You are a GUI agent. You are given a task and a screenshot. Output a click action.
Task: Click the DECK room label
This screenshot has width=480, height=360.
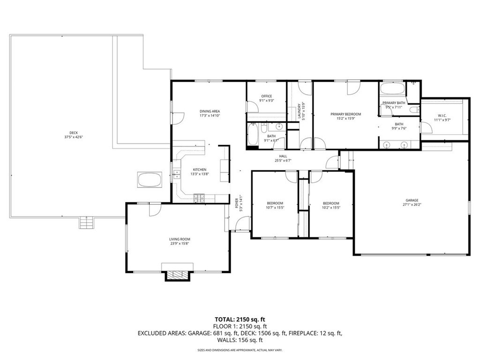pyautogui.click(x=70, y=132)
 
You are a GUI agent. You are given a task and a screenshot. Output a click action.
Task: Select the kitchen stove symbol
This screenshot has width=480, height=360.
pyautogui.click(x=199, y=198)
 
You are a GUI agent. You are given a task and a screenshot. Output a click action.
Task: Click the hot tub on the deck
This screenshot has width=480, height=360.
pyautogui.click(x=149, y=180)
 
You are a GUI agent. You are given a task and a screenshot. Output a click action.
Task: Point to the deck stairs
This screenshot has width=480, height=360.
pyautogui.click(x=87, y=222)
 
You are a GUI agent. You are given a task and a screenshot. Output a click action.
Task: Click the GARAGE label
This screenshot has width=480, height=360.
pyautogui.click(x=412, y=200)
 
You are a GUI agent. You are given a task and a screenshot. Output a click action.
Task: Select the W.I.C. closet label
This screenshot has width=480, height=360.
pyautogui.click(x=443, y=115)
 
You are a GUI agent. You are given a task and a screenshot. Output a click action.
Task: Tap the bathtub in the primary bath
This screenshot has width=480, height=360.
pyautogui.click(x=392, y=89)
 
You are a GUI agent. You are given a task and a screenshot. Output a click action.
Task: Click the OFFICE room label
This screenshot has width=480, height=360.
pyautogui.click(x=266, y=96)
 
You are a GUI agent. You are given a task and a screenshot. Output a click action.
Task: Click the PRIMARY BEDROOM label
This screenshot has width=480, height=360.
pyautogui.click(x=346, y=114)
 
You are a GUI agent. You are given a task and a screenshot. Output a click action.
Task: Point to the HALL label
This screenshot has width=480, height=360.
pyautogui.click(x=283, y=156)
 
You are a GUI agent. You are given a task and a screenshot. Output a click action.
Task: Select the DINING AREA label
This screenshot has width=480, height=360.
pyautogui.click(x=210, y=111)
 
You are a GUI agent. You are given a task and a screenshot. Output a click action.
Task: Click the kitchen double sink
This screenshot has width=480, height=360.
pyautogui.click(x=177, y=175)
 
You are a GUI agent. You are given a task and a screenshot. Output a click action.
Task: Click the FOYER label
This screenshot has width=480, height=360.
pyautogui.click(x=236, y=203)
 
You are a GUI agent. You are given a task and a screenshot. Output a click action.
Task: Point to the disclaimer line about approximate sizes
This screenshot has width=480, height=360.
pyautogui.click(x=240, y=350)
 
